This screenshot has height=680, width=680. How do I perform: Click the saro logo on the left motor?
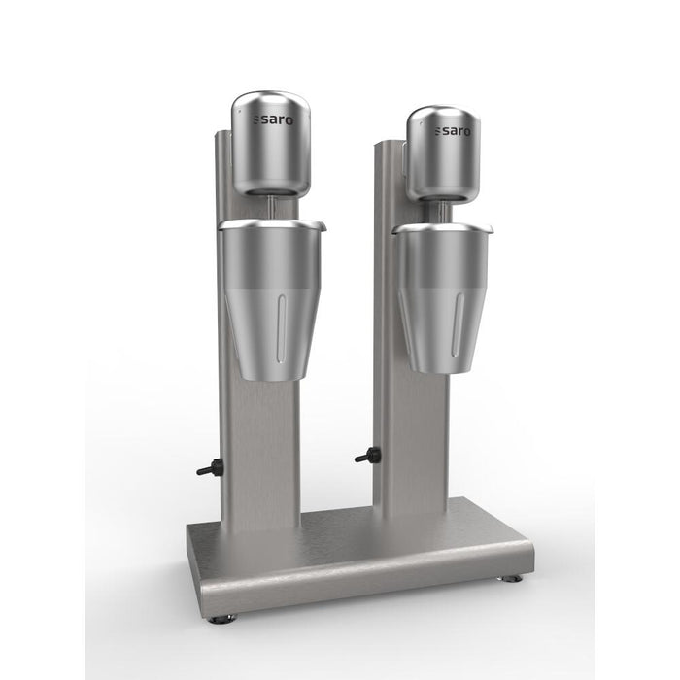267,120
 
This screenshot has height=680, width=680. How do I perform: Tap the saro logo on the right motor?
453,130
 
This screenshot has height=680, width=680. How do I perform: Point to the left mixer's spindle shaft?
270,207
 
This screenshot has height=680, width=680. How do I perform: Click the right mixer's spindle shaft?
442,213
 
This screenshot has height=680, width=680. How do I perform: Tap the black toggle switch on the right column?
367,455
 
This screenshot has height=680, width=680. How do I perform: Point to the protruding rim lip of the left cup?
321,226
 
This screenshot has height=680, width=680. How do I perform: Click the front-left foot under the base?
223,618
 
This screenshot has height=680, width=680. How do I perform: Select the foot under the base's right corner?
512,578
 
